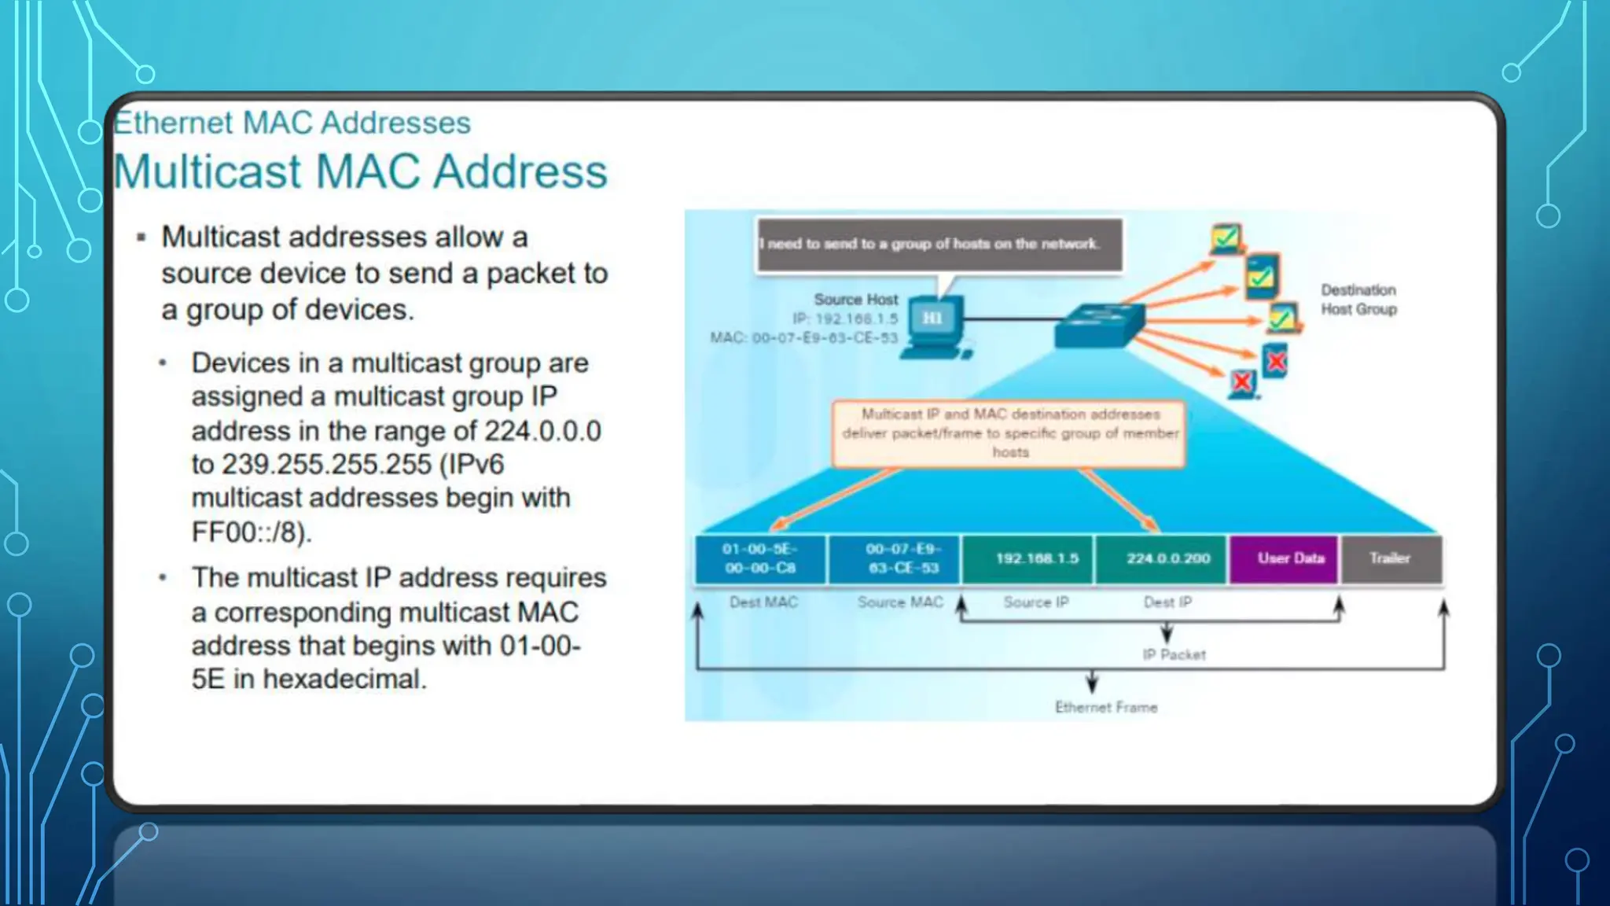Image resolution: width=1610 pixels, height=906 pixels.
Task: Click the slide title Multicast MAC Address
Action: [x=360, y=171]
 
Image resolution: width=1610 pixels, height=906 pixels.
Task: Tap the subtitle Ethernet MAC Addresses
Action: [x=292, y=123]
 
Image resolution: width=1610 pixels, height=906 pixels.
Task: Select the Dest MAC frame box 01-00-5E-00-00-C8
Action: [x=759, y=558]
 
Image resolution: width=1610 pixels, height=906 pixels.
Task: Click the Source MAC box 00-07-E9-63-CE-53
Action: [x=895, y=558]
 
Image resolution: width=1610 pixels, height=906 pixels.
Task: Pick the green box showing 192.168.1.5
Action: [x=1027, y=558]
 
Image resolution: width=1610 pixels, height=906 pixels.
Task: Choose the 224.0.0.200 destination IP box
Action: [x=1161, y=558]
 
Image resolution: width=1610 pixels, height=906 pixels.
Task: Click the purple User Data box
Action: [x=1284, y=558]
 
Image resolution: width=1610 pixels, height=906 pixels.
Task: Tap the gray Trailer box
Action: [x=1391, y=558]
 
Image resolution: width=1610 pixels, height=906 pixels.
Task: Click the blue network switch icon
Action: [x=1098, y=325]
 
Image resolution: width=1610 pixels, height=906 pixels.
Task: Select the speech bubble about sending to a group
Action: [x=939, y=245]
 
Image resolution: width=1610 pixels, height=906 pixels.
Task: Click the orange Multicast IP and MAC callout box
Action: [x=1009, y=433]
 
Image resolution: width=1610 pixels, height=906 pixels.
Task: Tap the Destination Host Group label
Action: [x=1358, y=300]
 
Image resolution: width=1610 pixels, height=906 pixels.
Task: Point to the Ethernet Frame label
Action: [x=1105, y=707]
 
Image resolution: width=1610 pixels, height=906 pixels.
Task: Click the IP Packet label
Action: [x=1173, y=654]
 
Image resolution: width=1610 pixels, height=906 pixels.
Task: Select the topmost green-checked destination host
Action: [x=1226, y=238]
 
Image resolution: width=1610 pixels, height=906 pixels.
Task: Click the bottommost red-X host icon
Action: [x=1242, y=383]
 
